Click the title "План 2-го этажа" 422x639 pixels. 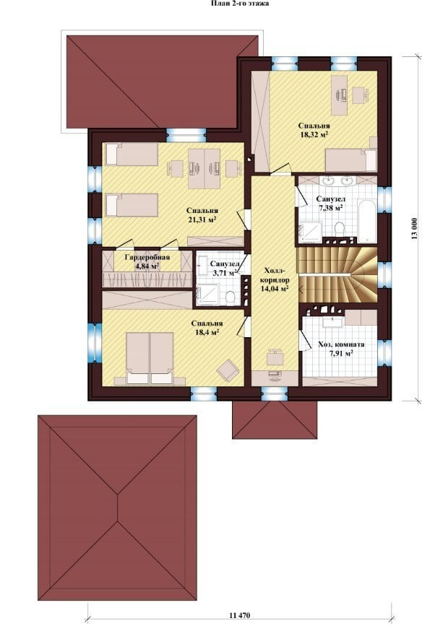coord(240,4)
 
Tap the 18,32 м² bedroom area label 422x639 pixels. coord(314,130)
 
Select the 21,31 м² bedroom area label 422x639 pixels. coord(202,215)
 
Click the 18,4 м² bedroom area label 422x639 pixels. coord(207,328)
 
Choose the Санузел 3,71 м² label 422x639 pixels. coord(223,268)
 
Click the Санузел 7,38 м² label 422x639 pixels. coord(331,203)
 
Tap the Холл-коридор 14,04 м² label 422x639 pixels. coord(275,280)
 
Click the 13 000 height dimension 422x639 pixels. coord(414,229)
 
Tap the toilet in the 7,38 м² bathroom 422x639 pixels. coord(339,229)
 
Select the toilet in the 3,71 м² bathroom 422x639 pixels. coord(230,297)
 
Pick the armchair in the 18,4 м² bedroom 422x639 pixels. coord(227,370)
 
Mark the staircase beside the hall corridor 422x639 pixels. coord(337,275)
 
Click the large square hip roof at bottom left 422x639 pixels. coord(118,508)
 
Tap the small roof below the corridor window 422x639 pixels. coord(275,420)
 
